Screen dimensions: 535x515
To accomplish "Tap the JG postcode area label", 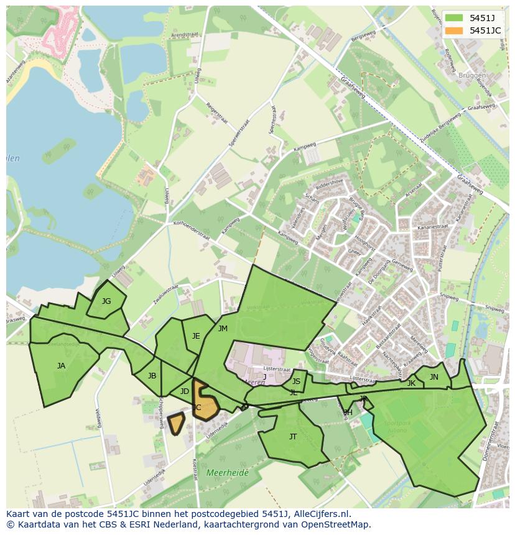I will (106, 301).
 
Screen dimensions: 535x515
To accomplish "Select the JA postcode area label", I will (61, 366).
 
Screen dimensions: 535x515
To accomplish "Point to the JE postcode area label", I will (196, 336).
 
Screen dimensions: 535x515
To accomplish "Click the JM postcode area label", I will (223, 329).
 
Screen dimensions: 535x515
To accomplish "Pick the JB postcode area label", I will (152, 376).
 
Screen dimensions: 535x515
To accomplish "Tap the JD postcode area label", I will (184, 391).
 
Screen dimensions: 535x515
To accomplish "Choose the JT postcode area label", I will (293, 437).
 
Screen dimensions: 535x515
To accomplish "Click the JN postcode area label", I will (434, 377).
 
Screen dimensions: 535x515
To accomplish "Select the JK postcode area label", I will (411, 383).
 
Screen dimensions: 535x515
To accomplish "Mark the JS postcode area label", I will (296, 382).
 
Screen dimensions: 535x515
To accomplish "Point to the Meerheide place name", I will (227, 473).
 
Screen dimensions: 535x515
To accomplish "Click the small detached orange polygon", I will (177, 424).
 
